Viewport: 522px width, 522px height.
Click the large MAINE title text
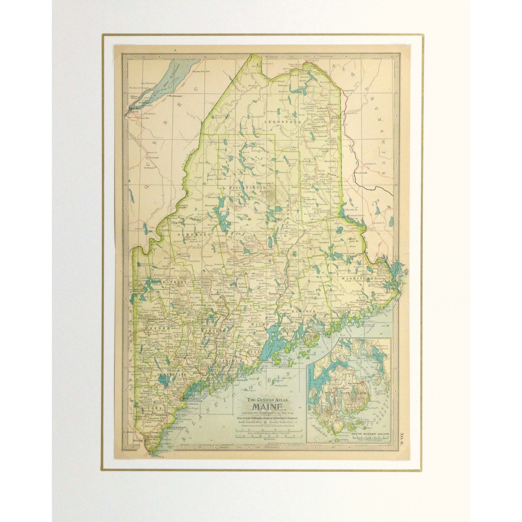(x=267, y=406)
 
